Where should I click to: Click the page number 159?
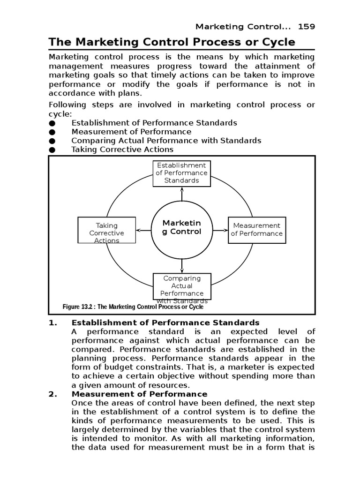click(307, 26)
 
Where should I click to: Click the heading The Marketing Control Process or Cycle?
click(172, 42)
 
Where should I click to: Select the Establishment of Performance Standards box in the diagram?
click(181, 173)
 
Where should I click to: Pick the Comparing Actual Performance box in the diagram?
click(181, 286)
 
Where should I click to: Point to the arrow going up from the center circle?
click(181, 194)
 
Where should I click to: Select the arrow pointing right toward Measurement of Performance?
click(219, 230)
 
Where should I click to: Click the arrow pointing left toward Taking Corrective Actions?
click(143, 230)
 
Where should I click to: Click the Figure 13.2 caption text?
click(133, 307)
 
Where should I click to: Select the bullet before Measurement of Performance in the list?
click(52, 132)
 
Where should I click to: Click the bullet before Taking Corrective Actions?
click(52, 150)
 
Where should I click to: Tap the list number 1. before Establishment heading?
click(53, 322)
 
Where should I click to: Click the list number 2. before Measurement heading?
click(53, 394)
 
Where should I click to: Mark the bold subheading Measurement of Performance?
click(139, 394)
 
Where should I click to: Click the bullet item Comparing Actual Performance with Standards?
click(166, 141)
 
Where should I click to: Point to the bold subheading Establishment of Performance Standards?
click(165, 322)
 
